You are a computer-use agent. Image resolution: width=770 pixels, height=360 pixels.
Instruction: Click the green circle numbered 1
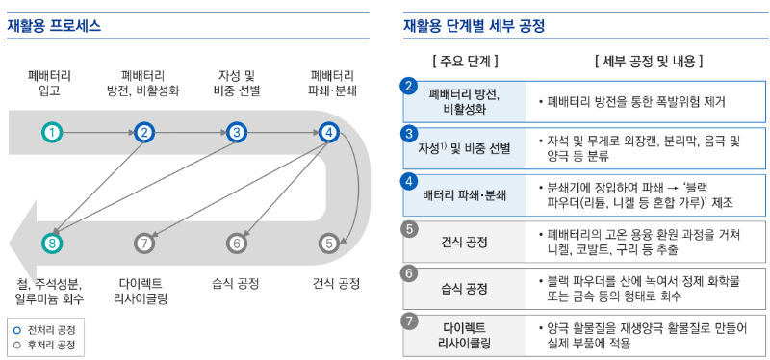coord(52,132)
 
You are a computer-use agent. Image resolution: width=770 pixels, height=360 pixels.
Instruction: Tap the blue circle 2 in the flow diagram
coord(144,132)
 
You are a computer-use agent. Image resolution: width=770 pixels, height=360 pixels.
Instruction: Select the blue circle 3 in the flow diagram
coord(237,132)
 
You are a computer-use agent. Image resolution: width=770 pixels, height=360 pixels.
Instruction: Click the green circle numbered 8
coord(52,244)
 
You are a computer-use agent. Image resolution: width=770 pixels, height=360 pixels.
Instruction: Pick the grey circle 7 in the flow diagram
coord(144,244)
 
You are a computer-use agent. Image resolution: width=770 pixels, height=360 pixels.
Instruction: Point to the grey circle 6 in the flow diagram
coord(237,244)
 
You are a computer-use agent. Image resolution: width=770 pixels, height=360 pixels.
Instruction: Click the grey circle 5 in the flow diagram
coord(329,244)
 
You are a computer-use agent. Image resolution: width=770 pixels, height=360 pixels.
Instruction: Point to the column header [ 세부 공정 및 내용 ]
coord(649,62)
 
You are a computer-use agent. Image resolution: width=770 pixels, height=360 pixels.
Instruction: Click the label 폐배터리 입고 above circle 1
coord(51,83)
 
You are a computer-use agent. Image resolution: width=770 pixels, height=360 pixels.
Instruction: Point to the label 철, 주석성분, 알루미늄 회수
coord(51,291)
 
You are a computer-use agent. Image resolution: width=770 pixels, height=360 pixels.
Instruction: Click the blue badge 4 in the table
coord(409,180)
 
